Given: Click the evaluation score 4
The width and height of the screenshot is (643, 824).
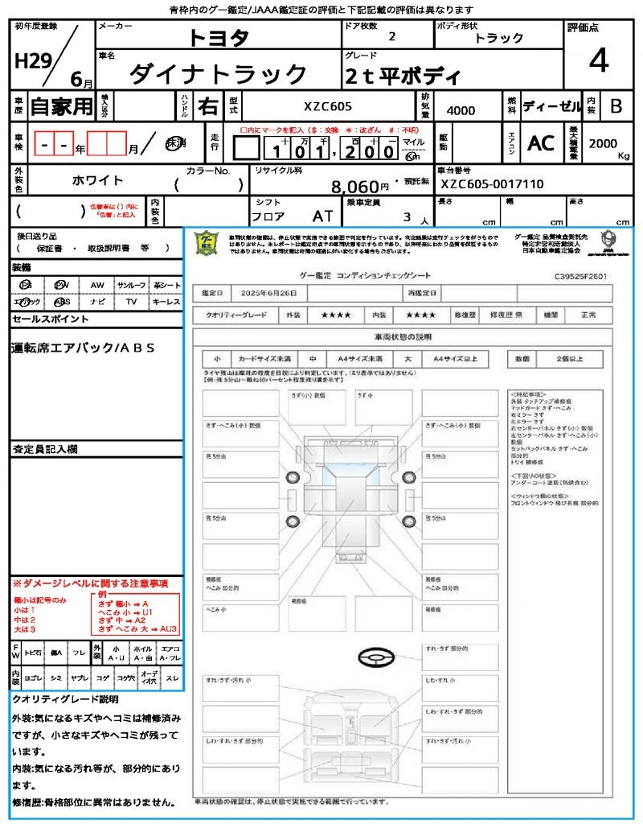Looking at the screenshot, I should point(598,60).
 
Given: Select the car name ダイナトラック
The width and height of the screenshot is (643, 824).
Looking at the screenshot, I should point(217,75).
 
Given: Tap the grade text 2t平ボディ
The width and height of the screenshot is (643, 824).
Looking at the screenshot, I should point(402,77).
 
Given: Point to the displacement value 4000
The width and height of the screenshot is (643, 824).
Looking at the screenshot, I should point(460,111).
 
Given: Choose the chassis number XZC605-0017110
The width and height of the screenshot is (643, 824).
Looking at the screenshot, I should point(492,184).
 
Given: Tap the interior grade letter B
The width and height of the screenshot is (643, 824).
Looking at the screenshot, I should point(616,106).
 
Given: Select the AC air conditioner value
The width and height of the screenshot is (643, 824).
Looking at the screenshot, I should point(541,143).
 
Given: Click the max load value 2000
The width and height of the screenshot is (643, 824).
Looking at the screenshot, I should point(603,143).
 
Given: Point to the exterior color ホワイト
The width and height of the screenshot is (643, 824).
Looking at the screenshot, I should point(98,180).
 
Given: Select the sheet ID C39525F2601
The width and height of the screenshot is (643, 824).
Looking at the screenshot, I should point(580,276).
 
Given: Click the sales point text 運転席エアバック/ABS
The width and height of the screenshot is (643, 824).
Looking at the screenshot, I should point(84,348).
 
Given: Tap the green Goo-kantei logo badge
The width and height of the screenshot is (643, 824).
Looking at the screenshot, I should point(207,244).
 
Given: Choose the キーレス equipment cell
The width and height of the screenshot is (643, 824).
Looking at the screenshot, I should point(166,302).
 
